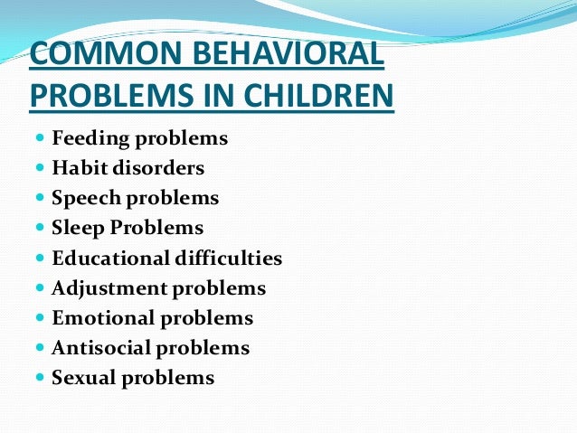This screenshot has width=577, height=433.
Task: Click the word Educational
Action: coord(108,259)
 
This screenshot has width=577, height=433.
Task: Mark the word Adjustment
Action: coord(102,288)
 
